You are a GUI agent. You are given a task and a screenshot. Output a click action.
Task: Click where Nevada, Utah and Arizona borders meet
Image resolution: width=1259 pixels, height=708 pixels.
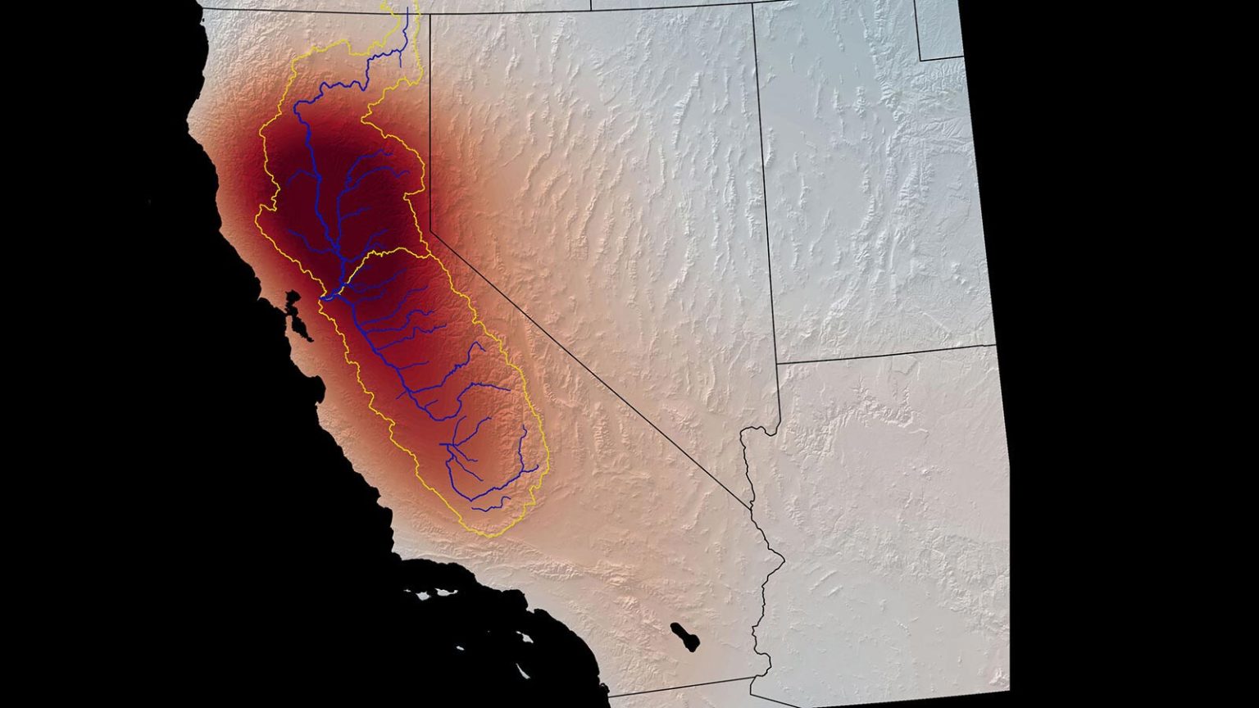(777, 361)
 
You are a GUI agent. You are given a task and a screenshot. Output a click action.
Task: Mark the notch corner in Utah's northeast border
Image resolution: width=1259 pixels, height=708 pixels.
(920, 59)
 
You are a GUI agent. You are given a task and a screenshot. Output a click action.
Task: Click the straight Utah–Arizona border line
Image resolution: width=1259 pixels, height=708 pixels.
(885, 353)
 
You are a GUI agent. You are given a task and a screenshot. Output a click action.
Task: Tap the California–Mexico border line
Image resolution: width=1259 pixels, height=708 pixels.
(680, 688)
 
